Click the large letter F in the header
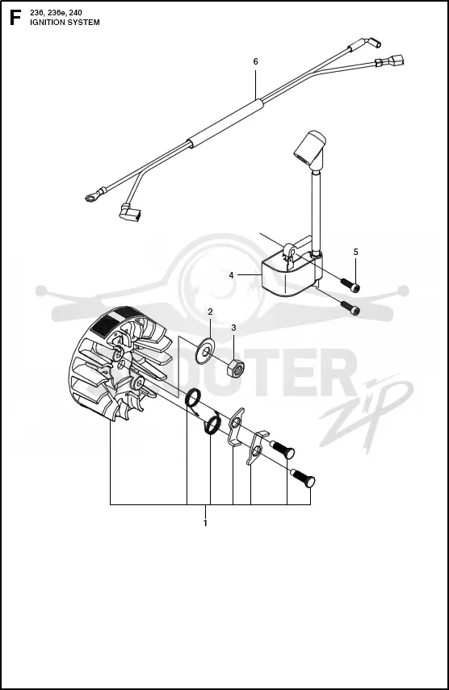pos(15,18)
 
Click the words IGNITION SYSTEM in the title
pos(65,23)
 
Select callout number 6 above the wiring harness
pos(256,61)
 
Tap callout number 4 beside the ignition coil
pos(231,275)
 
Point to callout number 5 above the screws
pos(355,252)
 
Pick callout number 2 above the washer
pos(211,312)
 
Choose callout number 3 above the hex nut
pos(233,328)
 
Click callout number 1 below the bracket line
pos(205,523)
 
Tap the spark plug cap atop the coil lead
pos(310,147)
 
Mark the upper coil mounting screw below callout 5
pos(350,284)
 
